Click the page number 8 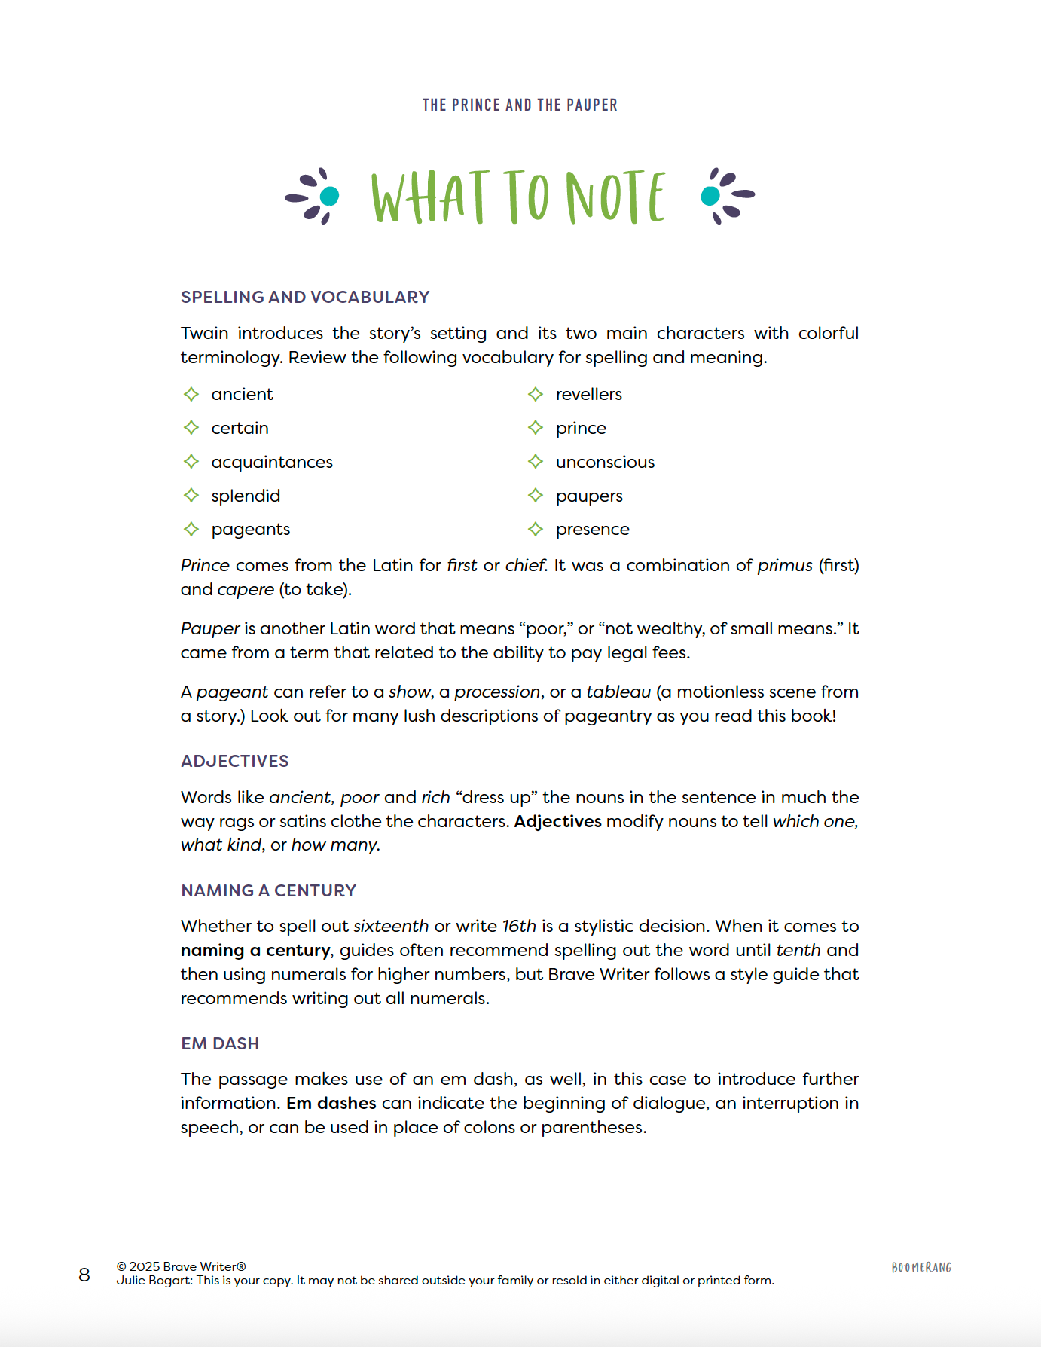[x=84, y=1275]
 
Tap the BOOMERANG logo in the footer [x=921, y=1268]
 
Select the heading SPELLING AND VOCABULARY [x=305, y=297]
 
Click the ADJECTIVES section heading [x=235, y=761]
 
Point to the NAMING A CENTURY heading [x=268, y=890]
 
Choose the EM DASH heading [x=220, y=1043]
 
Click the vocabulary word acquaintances [x=272, y=462]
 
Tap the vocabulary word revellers [x=588, y=394]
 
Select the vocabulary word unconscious [x=605, y=462]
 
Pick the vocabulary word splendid [x=246, y=496]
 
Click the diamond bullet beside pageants [x=191, y=529]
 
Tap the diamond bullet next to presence [x=536, y=529]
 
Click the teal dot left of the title [x=329, y=196]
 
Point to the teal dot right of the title [x=710, y=196]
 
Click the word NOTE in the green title [x=615, y=197]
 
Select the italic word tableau [x=618, y=692]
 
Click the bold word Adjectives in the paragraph [x=557, y=821]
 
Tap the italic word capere [x=246, y=589]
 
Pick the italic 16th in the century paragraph [x=519, y=926]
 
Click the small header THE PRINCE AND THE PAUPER [x=520, y=105]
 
